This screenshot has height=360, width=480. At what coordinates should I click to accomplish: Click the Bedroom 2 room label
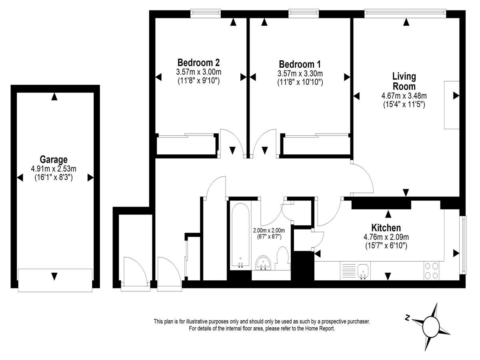(x=198, y=63)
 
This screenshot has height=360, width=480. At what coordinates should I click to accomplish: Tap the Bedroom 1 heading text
(x=300, y=64)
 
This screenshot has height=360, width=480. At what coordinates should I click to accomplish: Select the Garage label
(x=54, y=160)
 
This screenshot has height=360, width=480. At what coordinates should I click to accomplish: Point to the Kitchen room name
(x=386, y=228)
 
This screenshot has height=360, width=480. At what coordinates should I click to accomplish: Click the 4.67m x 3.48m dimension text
(x=404, y=96)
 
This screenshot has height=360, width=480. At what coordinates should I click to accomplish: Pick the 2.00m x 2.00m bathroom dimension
(x=269, y=230)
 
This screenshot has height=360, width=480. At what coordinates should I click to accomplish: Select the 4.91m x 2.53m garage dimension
(x=54, y=169)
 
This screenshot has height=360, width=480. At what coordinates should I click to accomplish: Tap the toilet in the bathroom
(x=282, y=258)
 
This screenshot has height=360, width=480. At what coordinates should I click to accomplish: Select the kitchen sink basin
(x=363, y=271)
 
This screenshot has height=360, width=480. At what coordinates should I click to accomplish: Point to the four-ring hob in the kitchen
(x=431, y=271)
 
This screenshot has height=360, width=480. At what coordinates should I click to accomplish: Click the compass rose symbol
(x=430, y=327)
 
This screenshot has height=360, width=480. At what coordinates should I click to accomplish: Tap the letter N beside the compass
(x=407, y=318)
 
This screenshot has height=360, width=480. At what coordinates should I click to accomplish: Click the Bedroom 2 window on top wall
(x=205, y=13)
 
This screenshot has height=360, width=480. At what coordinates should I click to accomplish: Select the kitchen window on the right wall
(x=463, y=245)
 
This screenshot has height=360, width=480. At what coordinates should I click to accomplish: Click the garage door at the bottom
(x=55, y=280)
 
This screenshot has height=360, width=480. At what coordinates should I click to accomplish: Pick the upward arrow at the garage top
(x=54, y=97)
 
